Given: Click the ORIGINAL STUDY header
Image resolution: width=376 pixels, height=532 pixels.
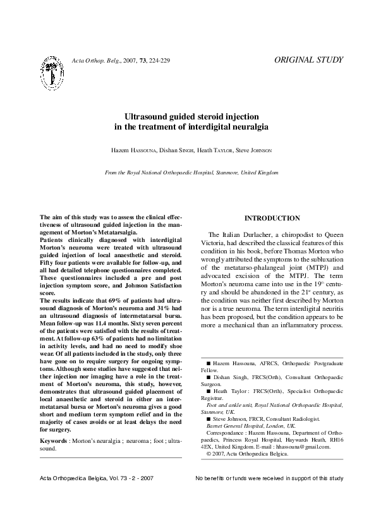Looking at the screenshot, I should (309, 60).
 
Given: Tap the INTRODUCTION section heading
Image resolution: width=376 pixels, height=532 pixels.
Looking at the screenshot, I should (272, 218).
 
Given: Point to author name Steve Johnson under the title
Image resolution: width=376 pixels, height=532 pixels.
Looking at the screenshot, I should (253, 150).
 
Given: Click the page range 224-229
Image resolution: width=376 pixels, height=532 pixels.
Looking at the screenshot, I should (158, 61).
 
